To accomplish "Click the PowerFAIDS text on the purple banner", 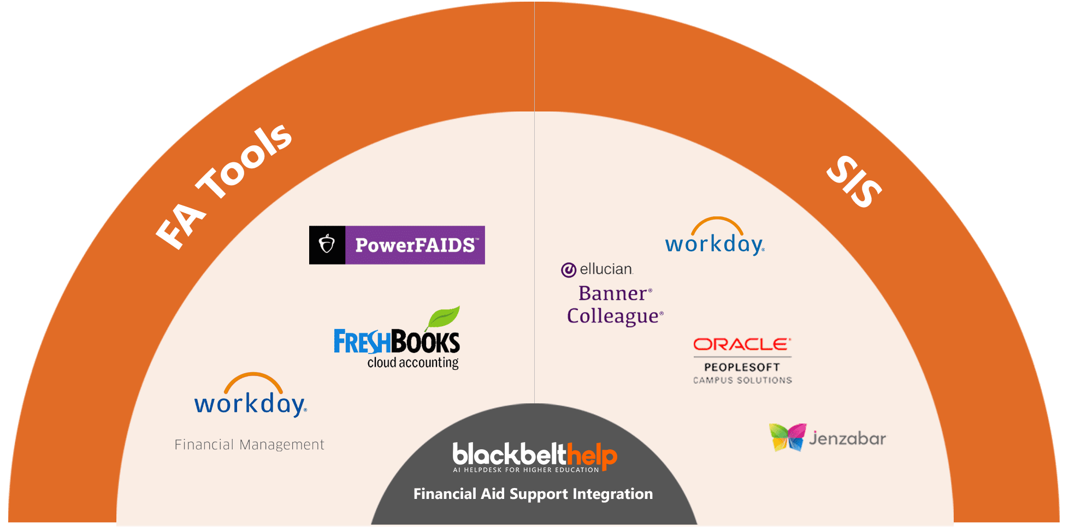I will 415,245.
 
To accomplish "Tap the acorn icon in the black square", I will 327,244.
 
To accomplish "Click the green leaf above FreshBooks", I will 444,318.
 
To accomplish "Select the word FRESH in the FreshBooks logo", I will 362,343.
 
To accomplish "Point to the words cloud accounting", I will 413,363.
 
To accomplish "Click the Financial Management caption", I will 249,445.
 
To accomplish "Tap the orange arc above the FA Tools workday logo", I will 253,379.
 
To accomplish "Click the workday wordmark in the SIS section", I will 714,244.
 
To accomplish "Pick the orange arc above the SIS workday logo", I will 717,222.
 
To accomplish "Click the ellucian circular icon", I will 569,270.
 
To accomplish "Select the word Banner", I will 613,294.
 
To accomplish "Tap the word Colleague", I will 613,316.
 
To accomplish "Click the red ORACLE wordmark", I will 741,344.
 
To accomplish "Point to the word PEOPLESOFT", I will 742,367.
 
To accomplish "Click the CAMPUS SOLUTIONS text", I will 742,380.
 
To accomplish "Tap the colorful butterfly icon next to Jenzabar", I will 787,437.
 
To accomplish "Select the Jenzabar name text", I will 847,439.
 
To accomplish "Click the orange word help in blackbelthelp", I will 592,455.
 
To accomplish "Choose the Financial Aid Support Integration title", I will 533,494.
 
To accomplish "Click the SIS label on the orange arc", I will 853,182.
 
